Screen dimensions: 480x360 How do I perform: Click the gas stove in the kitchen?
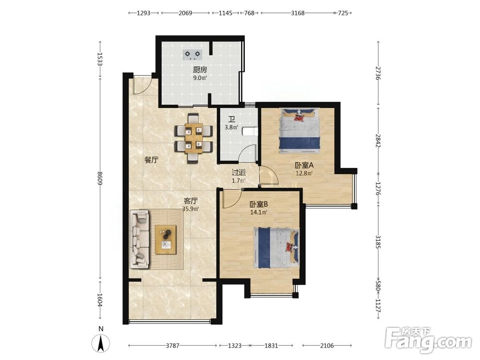(x=193, y=55)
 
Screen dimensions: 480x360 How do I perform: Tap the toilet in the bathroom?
(x=250, y=132)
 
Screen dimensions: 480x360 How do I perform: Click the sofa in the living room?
(x=140, y=239)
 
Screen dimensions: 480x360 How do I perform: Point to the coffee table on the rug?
(x=166, y=240)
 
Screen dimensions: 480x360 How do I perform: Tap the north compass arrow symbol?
(x=101, y=343)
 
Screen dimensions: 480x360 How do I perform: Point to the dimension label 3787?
(x=172, y=346)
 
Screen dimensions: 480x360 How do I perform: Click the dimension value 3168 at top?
(x=298, y=13)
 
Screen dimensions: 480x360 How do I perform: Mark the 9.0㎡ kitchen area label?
(x=200, y=78)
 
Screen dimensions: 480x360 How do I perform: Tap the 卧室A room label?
(x=304, y=165)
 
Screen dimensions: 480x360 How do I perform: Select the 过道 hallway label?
(x=239, y=173)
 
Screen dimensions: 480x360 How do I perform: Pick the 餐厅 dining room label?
(x=151, y=159)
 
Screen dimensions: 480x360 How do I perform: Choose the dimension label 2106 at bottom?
(x=326, y=346)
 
